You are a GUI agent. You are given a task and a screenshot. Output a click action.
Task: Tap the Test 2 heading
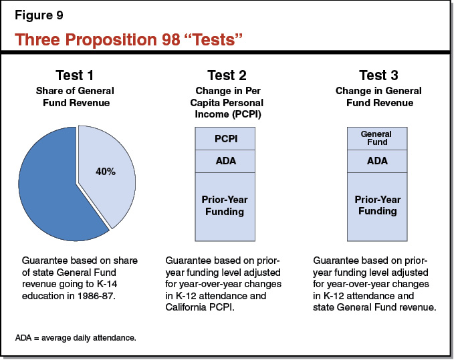[x=227, y=75]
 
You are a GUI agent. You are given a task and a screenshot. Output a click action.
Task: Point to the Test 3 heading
[x=379, y=75]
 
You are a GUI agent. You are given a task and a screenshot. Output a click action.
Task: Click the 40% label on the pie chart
[x=105, y=172]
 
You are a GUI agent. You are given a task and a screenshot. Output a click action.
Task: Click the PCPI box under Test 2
[x=227, y=138]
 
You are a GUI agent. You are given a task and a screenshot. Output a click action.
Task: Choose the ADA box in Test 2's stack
[x=227, y=161]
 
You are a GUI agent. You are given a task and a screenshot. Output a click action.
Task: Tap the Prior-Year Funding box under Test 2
[x=227, y=205]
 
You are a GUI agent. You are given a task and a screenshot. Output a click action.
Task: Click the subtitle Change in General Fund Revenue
[x=379, y=97]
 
